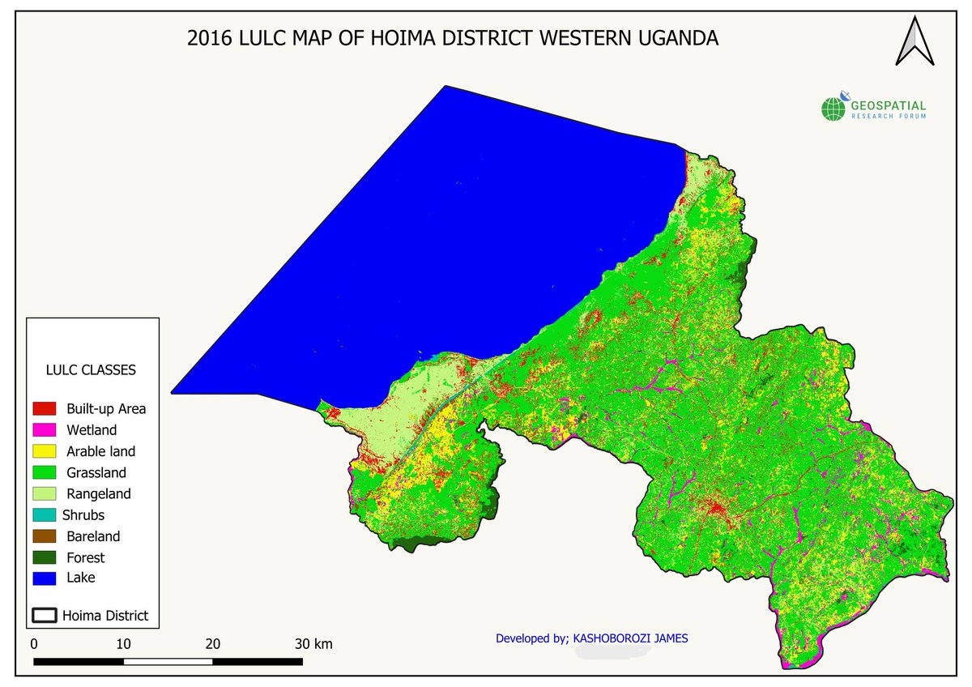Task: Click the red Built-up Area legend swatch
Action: [x=44, y=408]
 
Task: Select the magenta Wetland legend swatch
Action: [x=44, y=429]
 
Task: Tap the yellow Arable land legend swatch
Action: [x=44, y=451]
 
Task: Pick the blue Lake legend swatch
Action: [x=44, y=578]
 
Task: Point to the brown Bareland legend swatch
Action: [x=44, y=536]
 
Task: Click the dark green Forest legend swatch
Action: [x=44, y=557]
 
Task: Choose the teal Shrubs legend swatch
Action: [x=44, y=514]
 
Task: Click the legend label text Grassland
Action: [x=96, y=472]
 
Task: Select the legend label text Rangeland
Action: [x=98, y=493]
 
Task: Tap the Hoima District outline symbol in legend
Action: [x=44, y=615]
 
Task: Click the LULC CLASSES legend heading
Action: [x=90, y=369]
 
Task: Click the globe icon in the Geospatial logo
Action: [x=833, y=109]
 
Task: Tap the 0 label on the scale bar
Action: [x=34, y=644]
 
